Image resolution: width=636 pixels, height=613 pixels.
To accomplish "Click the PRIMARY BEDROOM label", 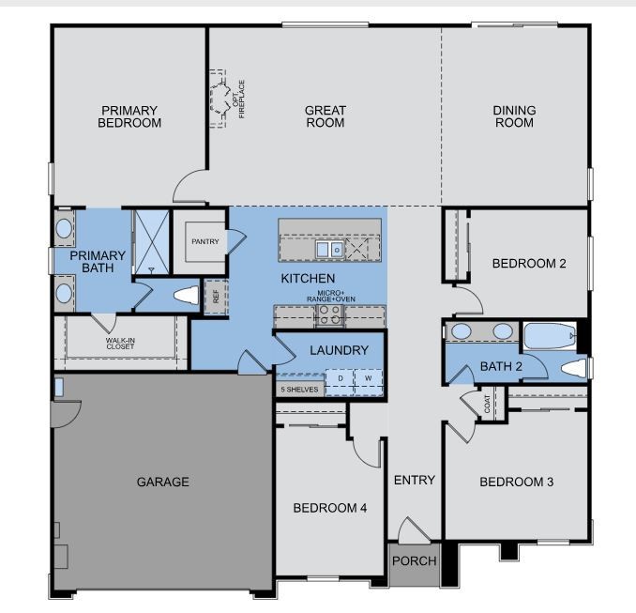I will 129,116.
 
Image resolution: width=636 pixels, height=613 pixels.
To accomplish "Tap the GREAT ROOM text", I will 325,116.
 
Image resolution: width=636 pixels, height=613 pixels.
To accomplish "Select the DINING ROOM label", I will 514,116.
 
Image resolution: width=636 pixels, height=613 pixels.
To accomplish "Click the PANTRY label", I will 204,241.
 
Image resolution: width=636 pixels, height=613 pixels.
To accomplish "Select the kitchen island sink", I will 329,249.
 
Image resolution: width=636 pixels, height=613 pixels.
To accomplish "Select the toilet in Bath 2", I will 573,367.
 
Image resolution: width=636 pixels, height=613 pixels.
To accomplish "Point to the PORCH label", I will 414,560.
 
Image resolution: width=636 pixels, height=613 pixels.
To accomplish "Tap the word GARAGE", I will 162,482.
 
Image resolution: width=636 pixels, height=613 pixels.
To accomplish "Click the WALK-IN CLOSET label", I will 120,344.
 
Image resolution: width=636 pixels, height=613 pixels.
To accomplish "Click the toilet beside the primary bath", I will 185,296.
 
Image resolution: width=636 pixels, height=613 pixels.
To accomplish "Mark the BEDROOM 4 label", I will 329,508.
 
